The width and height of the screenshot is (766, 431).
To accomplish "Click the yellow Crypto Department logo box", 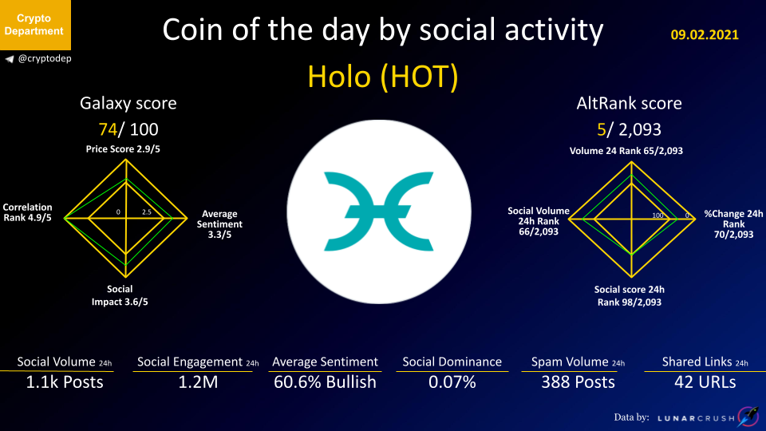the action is pos(35,25).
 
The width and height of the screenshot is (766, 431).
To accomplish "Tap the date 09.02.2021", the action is pos(705,34).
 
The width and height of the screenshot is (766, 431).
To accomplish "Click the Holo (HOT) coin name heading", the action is pos(383,77).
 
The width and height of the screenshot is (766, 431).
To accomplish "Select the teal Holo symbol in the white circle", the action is pos(378,211).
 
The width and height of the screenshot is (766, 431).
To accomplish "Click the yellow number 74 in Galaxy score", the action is pos(108,129).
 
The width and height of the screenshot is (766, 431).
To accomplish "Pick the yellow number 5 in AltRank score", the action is pos(602,129).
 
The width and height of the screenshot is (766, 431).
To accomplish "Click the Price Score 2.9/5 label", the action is pos(123,149).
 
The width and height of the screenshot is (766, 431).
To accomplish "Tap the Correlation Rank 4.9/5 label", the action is pos(27,212).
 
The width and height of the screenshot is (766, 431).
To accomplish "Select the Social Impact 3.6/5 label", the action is pos(120,295).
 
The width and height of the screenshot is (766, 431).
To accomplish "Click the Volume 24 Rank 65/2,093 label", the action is pos(626,151).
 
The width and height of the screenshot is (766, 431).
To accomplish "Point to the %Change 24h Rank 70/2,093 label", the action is pos(733,223).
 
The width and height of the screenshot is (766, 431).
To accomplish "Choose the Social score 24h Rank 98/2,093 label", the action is pos(630,295).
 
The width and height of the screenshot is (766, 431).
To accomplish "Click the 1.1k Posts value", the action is pos(65,382).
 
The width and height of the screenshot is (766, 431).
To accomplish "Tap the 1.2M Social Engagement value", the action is pos(198,382).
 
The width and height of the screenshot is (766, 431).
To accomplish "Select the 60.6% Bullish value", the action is pos(325,382).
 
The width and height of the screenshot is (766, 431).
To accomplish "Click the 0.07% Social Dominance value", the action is pos(452,382).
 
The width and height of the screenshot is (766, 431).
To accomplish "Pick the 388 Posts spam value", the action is pos(578,382).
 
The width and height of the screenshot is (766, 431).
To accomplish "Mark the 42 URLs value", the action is pos(705,382).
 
